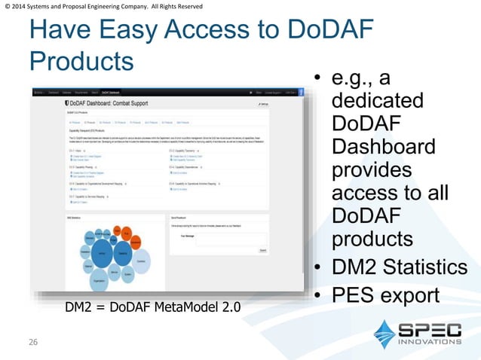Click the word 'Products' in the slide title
pos(81,60)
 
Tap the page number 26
pos(33,343)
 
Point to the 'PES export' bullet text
pos(384,295)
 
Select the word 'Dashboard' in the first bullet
pos(384,146)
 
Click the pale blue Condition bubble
pos(141,260)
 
